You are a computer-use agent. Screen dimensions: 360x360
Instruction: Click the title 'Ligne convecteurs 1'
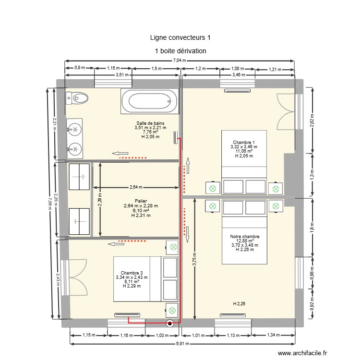180,37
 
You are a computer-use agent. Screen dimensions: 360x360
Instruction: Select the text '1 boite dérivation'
180,50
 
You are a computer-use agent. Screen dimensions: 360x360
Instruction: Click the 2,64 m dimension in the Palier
136,187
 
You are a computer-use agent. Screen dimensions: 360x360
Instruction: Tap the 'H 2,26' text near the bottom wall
239,303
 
